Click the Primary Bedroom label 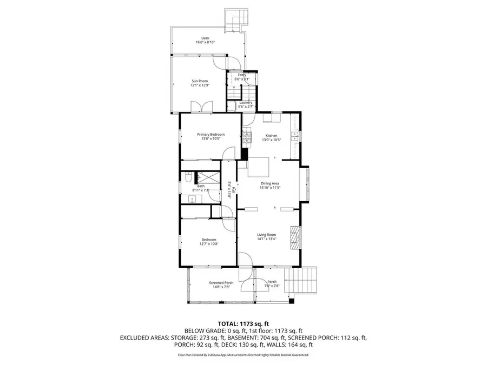[210, 135]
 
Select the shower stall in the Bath [209, 177]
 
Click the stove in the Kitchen [247, 136]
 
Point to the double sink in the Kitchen [295, 136]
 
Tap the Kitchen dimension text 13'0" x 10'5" [271, 140]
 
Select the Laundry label [246, 103]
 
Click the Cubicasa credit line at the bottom [243, 355]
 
